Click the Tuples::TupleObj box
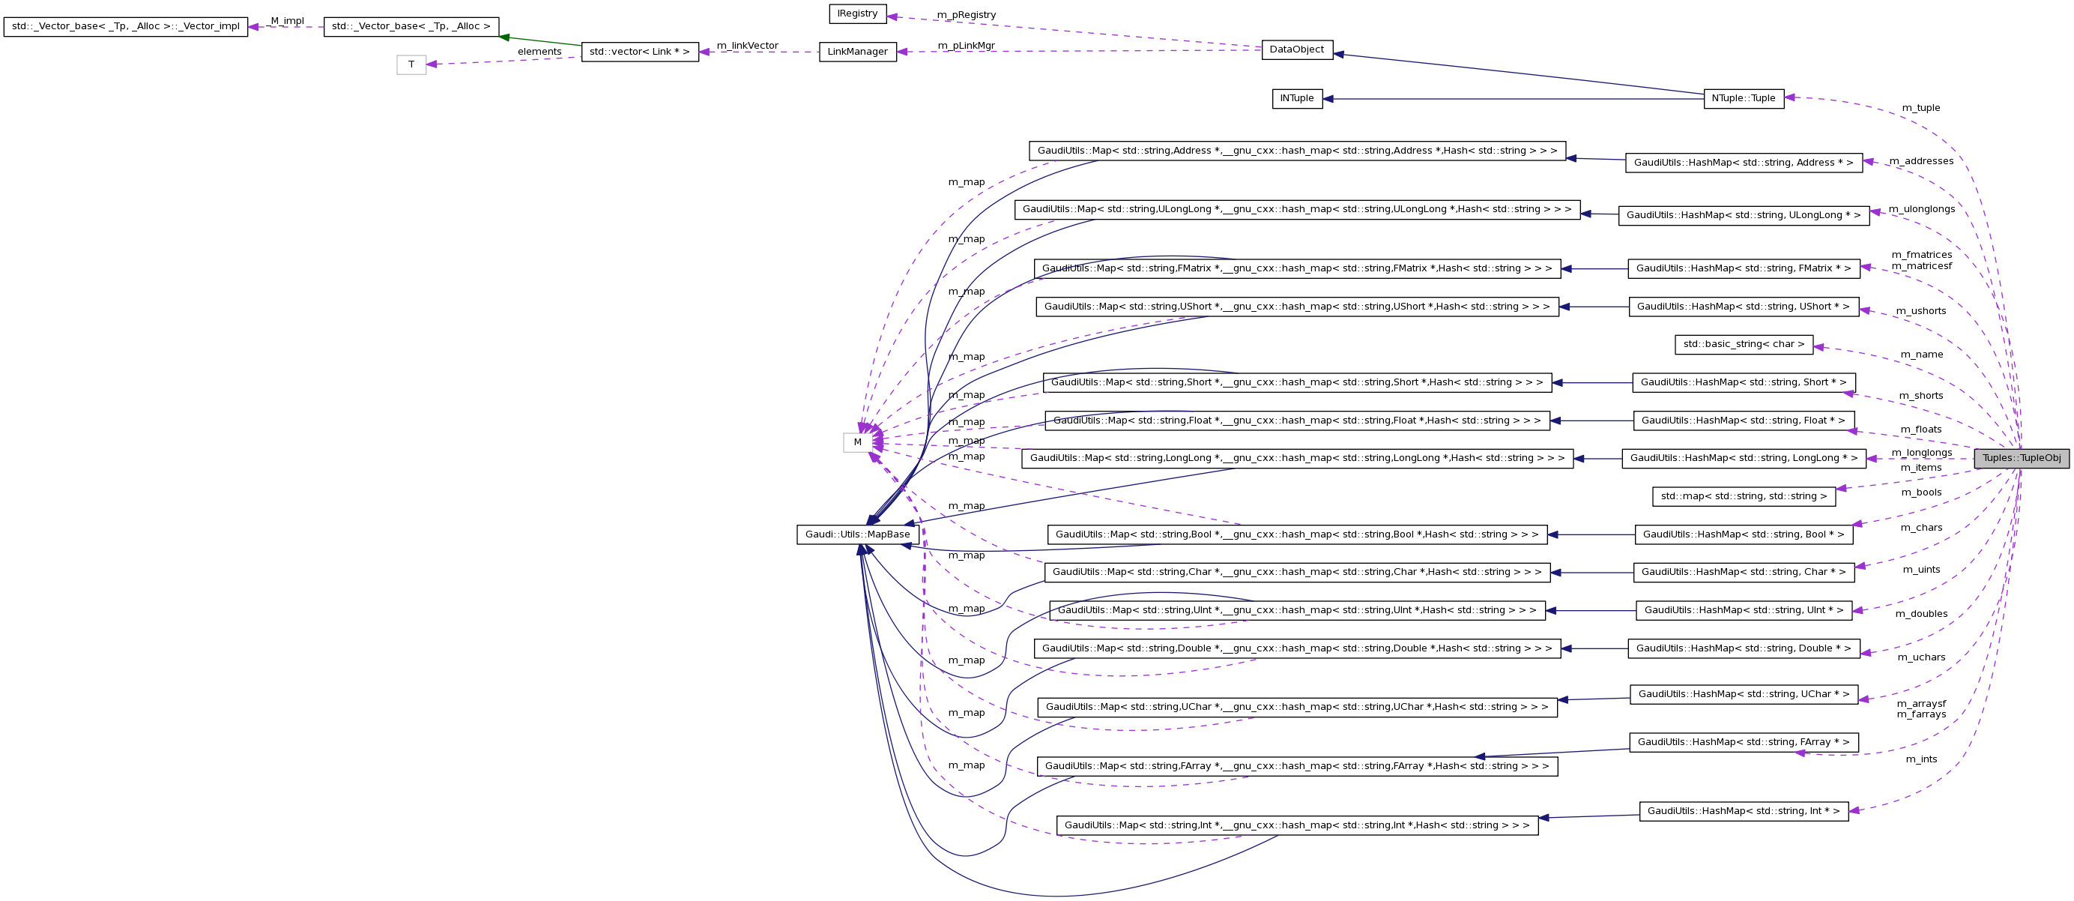click(x=2021, y=458)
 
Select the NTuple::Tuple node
click(x=1743, y=98)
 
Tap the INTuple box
click(x=1296, y=98)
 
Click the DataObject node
click(x=1296, y=49)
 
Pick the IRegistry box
click(x=856, y=13)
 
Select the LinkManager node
click(x=857, y=52)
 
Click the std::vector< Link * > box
click(x=639, y=52)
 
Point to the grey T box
click(x=411, y=64)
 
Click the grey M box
click(x=857, y=442)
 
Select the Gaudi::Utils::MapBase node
click(x=857, y=534)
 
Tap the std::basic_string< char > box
click(x=1743, y=345)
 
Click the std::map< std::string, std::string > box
click(x=1743, y=497)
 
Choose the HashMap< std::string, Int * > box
click(x=1743, y=811)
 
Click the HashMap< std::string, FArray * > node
click(x=1743, y=742)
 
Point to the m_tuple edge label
click(x=1920, y=108)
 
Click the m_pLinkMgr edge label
click(x=965, y=46)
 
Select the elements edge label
click(x=539, y=52)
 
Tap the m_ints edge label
click(x=1921, y=759)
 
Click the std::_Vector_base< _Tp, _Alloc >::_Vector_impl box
click(x=126, y=26)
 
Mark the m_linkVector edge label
click(x=746, y=46)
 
